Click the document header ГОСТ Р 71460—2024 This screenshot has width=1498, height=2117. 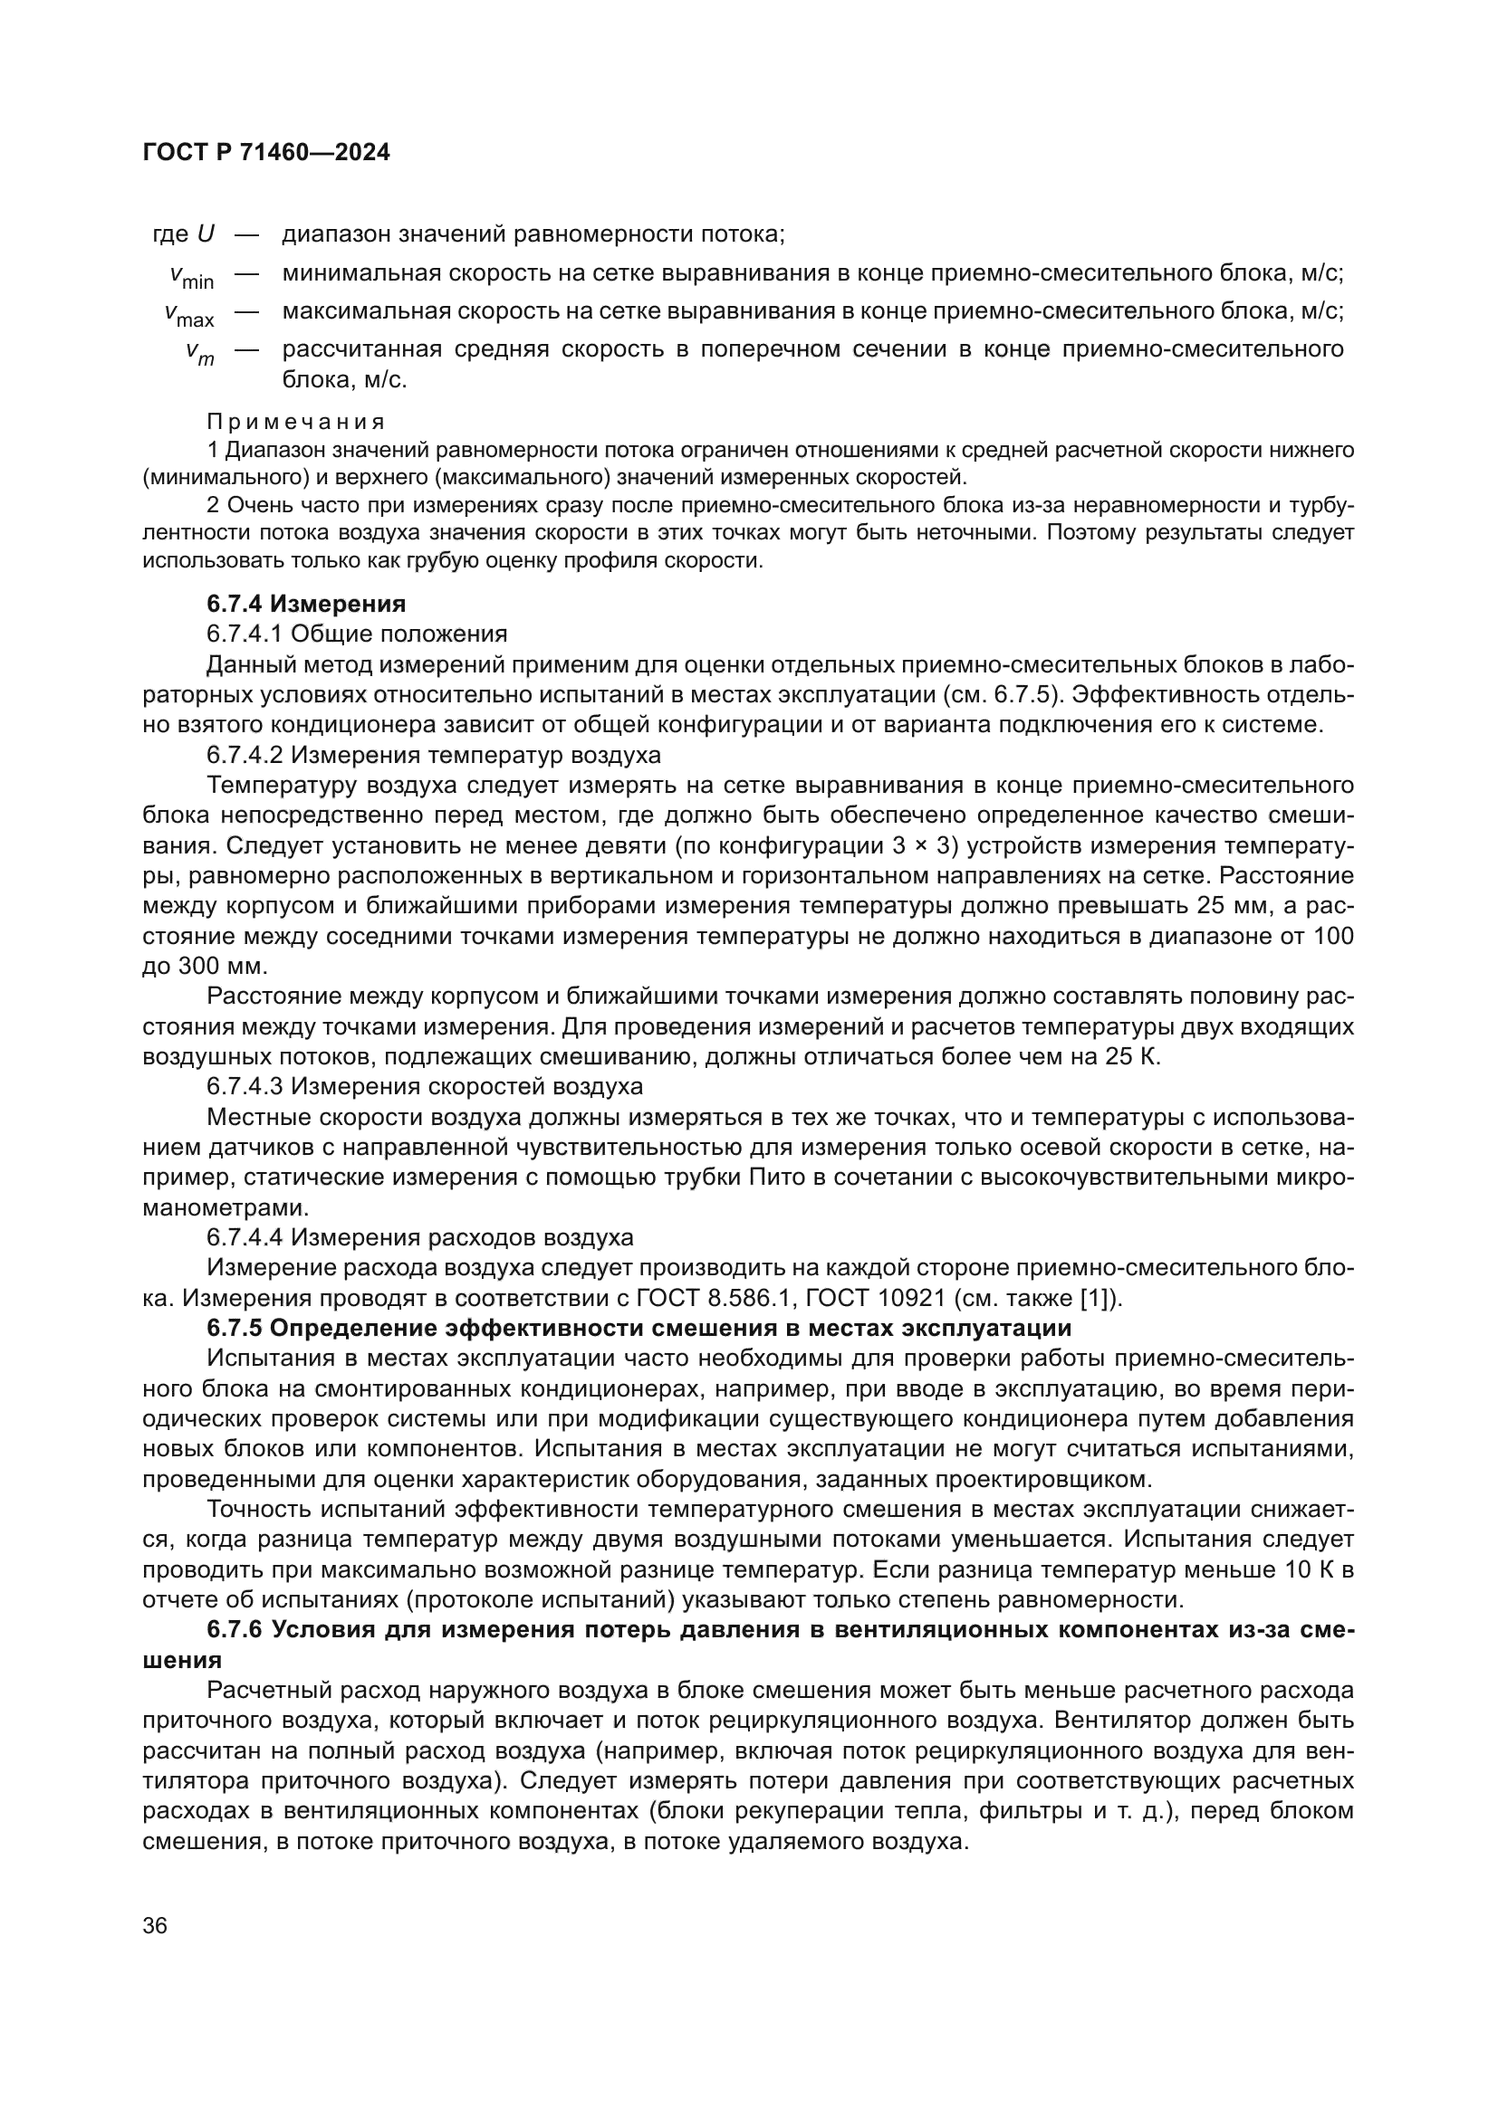266,153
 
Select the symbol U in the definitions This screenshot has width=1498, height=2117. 206,234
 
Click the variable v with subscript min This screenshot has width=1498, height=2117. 192,276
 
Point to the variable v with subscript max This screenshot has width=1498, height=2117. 190,314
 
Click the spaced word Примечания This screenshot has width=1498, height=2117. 295,423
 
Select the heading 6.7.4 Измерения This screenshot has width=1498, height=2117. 306,604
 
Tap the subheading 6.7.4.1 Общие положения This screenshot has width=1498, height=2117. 357,634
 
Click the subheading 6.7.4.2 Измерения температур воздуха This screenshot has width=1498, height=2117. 434,755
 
